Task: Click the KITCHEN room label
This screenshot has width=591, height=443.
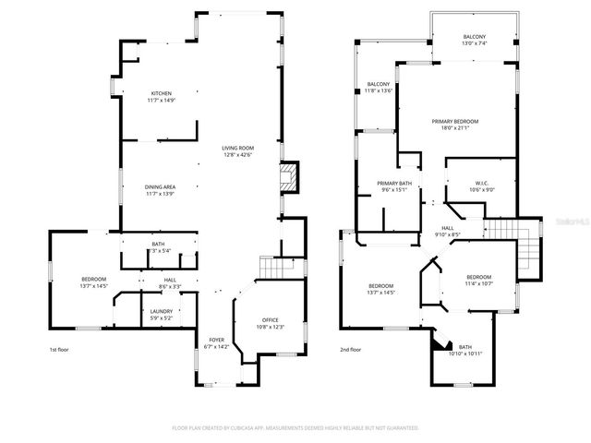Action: click(162, 97)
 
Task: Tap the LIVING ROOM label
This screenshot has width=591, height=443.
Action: click(237, 151)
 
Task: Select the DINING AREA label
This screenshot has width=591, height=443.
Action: click(160, 190)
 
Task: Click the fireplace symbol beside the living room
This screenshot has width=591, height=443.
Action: click(291, 177)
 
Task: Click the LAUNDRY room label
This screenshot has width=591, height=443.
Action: click(161, 315)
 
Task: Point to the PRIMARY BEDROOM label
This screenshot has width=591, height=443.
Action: click(452, 125)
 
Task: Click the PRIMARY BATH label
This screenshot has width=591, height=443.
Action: click(393, 186)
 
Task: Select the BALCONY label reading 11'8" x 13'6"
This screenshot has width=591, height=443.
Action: click(378, 88)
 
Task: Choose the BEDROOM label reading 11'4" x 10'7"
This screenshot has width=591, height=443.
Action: click(478, 281)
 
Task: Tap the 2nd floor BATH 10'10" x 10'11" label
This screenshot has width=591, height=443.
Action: click(464, 351)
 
